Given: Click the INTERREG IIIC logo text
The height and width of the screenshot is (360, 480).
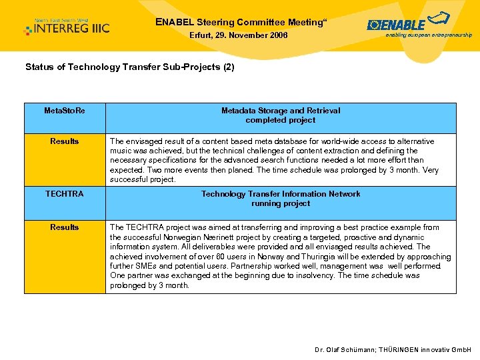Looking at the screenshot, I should (72, 29).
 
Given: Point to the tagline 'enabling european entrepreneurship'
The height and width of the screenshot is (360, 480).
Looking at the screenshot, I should (429, 35).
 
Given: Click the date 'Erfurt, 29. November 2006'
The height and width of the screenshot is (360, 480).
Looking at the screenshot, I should (239, 35).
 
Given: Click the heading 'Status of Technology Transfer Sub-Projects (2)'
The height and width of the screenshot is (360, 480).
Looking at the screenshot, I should (129, 67).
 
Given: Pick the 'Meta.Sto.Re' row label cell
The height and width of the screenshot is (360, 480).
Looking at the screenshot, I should (65, 111).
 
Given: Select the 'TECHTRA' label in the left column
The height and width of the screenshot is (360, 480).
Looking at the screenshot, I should (65, 194).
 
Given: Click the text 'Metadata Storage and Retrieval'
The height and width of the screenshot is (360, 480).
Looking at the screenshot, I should (281, 111).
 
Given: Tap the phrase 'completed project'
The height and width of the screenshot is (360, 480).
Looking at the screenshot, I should (281, 120).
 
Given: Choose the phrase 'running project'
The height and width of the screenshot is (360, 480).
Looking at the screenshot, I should (281, 203).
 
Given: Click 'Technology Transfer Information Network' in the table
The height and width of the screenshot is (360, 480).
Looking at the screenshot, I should (281, 194).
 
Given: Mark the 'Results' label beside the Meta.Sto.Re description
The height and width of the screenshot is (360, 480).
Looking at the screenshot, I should (65, 141).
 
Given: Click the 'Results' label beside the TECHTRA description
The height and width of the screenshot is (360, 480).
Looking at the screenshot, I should (65, 227).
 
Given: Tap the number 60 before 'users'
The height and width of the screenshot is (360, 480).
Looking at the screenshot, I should (215, 257).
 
